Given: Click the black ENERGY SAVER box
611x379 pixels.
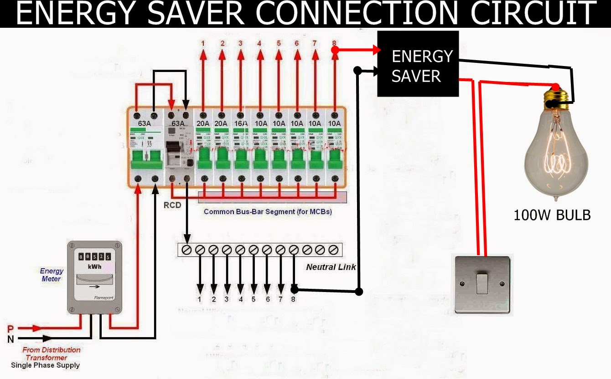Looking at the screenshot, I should [418, 64].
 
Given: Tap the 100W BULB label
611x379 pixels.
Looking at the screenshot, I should [552, 215].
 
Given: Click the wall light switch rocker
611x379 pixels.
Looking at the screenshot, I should [483, 283].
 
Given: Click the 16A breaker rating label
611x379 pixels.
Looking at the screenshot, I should [241, 123].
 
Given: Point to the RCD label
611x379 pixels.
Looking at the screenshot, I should [172, 205].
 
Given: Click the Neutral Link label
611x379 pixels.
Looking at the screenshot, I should [331, 267].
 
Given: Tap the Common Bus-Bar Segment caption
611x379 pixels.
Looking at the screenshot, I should [268, 212].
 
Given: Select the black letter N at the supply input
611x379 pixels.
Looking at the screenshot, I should [10, 339].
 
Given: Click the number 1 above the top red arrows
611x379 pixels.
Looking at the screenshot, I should [203, 43].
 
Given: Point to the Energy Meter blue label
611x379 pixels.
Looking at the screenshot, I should [52, 275].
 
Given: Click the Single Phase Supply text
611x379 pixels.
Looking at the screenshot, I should [45, 365].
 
